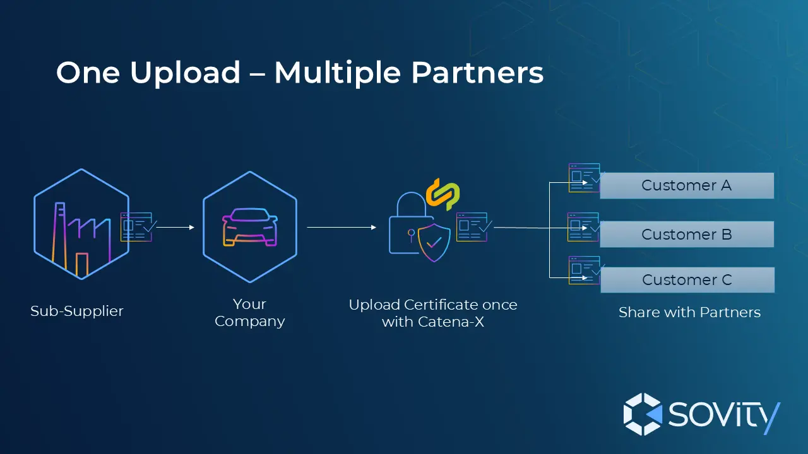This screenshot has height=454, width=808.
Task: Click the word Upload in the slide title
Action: (x=185, y=74)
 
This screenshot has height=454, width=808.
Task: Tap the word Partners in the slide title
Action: (x=477, y=73)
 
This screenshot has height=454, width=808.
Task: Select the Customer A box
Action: (x=686, y=185)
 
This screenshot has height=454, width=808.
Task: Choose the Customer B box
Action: (x=686, y=234)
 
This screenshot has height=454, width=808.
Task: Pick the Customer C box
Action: (x=687, y=280)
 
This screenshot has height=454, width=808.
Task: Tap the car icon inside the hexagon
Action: (x=250, y=228)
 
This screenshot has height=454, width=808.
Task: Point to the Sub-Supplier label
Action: (x=77, y=311)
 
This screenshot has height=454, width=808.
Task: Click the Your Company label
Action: (x=250, y=313)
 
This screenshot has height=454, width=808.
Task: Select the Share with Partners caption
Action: (x=689, y=312)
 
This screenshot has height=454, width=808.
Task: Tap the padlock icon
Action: (x=408, y=224)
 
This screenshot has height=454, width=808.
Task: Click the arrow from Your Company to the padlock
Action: (x=341, y=228)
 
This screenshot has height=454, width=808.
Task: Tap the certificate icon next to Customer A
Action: (x=584, y=178)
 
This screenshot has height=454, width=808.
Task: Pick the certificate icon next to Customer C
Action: (x=584, y=270)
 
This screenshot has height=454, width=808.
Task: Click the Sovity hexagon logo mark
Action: (x=643, y=414)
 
